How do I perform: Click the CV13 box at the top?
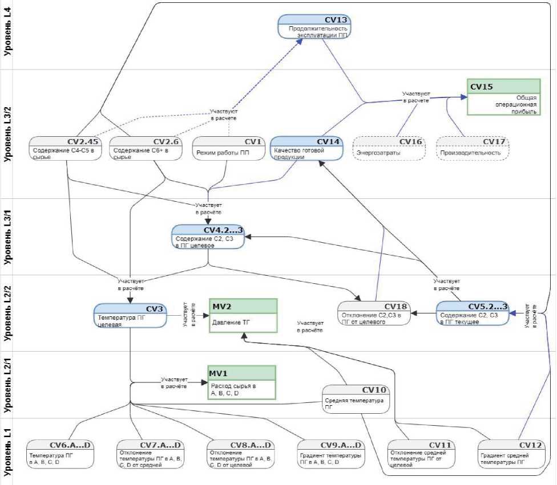(x=314, y=27)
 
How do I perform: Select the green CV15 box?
(x=503, y=97)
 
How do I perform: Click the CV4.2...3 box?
(x=209, y=237)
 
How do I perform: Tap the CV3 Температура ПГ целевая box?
(x=130, y=316)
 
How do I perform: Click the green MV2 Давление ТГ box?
(x=243, y=315)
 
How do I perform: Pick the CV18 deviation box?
(x=374, y=313)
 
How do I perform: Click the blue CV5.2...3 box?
(x=473, y=313)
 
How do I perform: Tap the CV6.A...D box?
(x=59, y=454)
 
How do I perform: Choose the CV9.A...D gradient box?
(x=330, y=454)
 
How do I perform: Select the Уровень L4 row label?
(x=8, y=35)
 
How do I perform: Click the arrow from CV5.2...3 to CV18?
(x=424, y=313)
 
